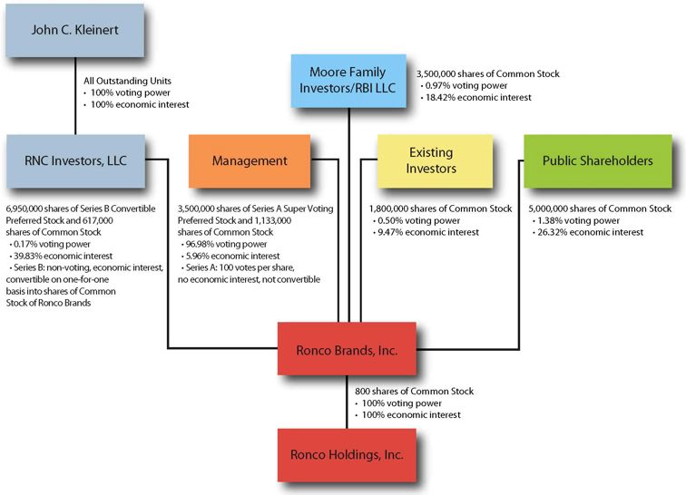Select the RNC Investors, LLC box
point(74,160)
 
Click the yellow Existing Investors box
point(430,160)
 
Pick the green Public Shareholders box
point(597,160)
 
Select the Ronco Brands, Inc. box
point(347,348)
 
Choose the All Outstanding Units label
point(126,81)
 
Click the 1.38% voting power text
point(575,220)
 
